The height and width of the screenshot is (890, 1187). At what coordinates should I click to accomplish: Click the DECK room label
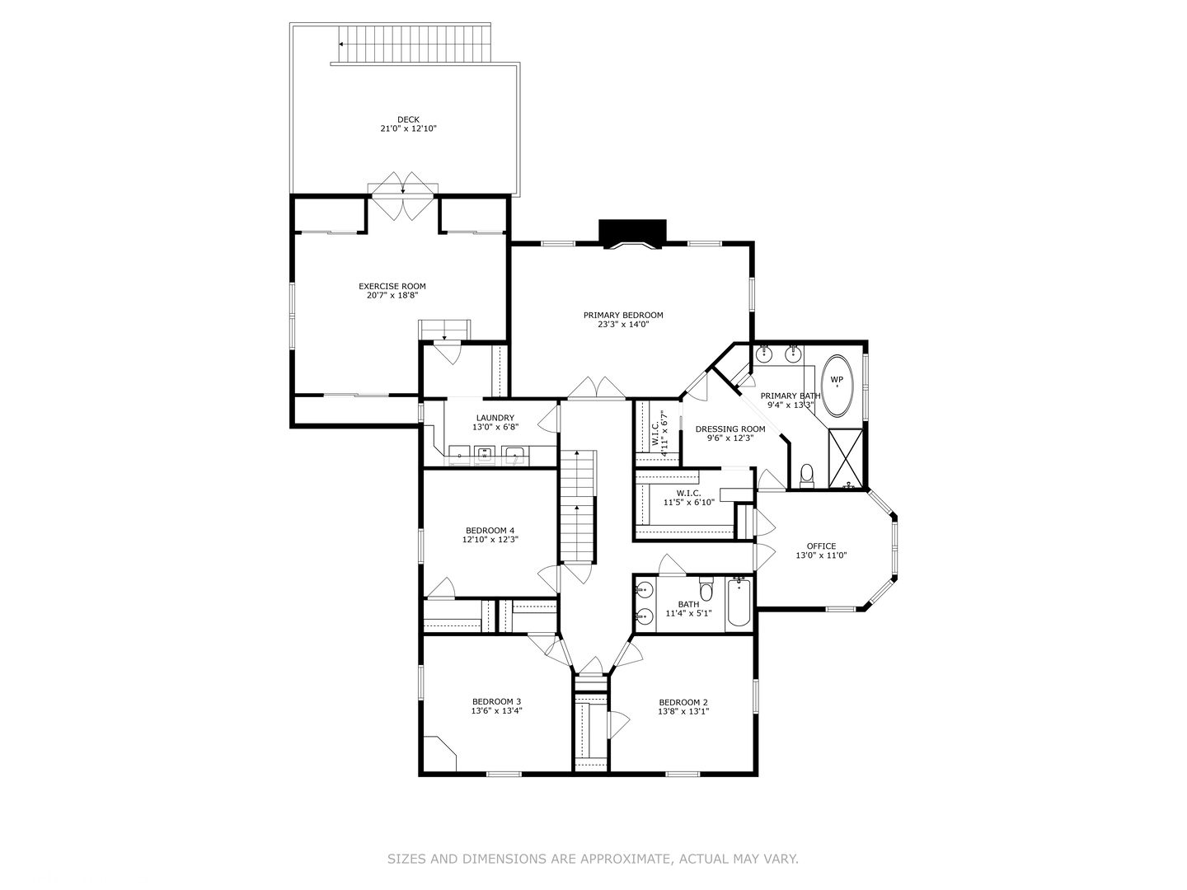408,119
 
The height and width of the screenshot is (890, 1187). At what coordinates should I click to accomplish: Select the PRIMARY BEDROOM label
623,315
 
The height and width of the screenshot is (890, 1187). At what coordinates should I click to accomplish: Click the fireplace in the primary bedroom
632,234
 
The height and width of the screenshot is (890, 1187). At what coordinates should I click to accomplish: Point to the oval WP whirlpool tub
837,385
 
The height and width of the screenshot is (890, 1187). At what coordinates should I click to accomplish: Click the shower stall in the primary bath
845,458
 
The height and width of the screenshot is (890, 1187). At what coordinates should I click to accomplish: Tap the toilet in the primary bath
807,475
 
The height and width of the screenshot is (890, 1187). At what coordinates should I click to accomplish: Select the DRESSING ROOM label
730,429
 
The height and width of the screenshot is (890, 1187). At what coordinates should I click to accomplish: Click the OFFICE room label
821,546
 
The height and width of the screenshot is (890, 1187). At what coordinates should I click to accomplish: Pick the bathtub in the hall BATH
739,605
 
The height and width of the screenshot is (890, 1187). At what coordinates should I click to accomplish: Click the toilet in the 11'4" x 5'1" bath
706,591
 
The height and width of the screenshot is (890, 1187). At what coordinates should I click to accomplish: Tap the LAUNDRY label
495,418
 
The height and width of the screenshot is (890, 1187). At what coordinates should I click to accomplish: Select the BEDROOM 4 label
490,530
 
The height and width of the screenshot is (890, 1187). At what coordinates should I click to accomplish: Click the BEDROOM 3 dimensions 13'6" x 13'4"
496,710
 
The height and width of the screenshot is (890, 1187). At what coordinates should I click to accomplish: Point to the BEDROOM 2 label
683,702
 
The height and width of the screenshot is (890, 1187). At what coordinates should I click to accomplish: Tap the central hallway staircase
577,507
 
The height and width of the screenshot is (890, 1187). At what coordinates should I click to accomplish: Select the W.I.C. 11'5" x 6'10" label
683,493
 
